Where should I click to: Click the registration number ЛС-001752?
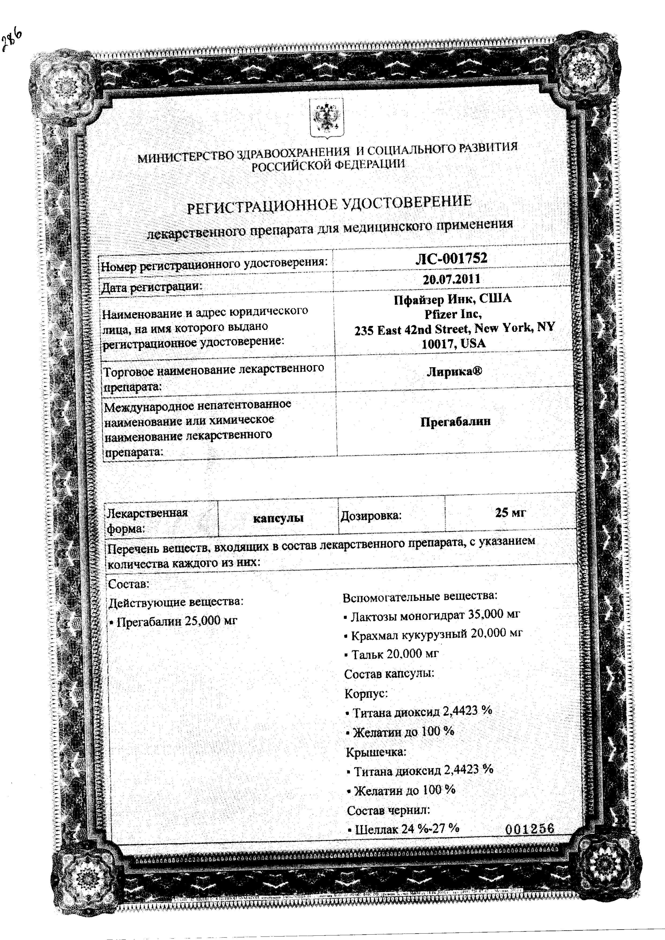tap(451, 259)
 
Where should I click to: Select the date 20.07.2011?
tap(452, 279)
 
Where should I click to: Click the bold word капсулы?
tap(278, 518)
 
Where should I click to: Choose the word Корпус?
tap(366, 693)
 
